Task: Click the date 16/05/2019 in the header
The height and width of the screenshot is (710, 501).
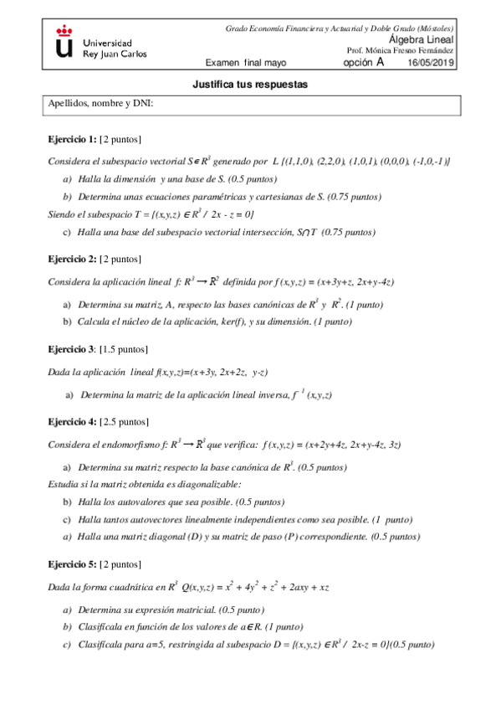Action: [x=430, y=63]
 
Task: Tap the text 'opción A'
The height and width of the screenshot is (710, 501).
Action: [x=364, y=62]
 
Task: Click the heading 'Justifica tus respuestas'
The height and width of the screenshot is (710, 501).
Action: [x=250, y=85]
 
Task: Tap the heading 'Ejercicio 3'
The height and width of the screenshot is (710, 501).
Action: [x=71, y=348]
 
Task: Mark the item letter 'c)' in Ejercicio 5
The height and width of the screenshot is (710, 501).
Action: [x=68, y=644]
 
